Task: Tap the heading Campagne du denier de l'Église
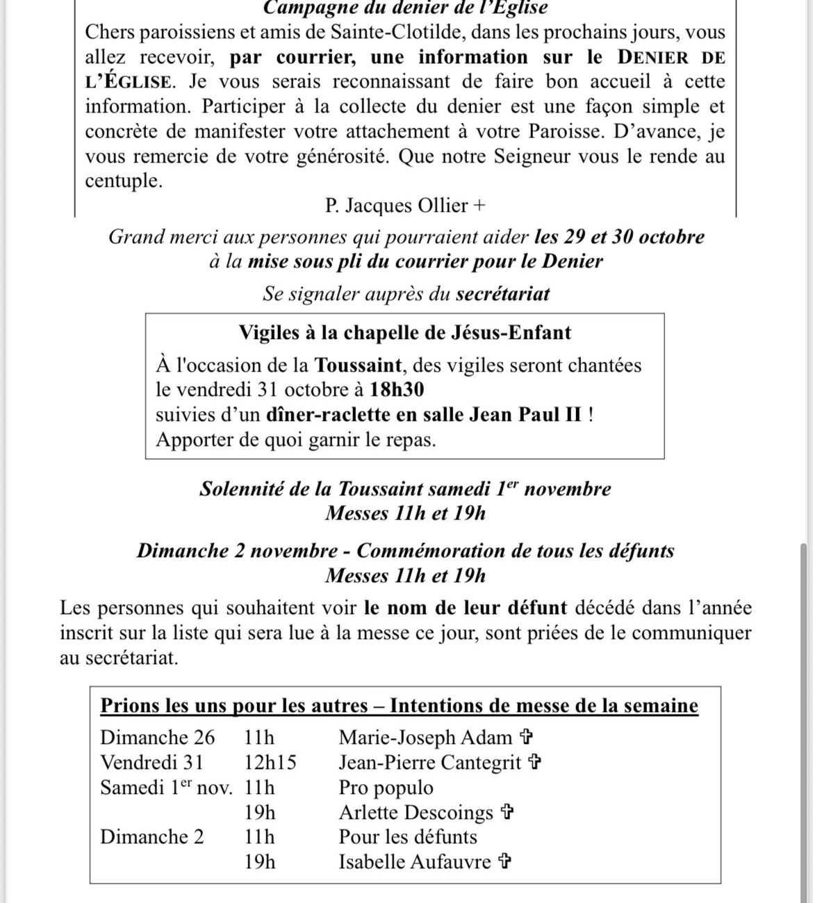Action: (x=406, y=8)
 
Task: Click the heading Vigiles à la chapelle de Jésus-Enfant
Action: (x=404, y=332)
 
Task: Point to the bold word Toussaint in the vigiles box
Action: (x=358, y=365)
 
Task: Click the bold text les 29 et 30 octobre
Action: (x=619, y=237)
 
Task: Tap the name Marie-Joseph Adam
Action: (x=425, y=737)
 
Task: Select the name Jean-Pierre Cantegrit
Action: (x=429, y=762)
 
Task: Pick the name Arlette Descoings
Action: (x=416, y=812)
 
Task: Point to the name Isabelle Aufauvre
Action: (x=415, y=862)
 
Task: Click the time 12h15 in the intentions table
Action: (x=270, y=762)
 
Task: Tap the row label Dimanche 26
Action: (x=158, y=737)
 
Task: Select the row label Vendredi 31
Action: (x=152, y=762)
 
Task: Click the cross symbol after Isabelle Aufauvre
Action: (x=506, y=862)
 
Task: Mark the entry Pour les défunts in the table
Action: (x=408, y=837)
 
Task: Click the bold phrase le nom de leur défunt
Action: (x=465, y=608)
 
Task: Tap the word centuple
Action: (x=123, y=181)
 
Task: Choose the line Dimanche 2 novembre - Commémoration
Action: (x=405, y=551)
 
